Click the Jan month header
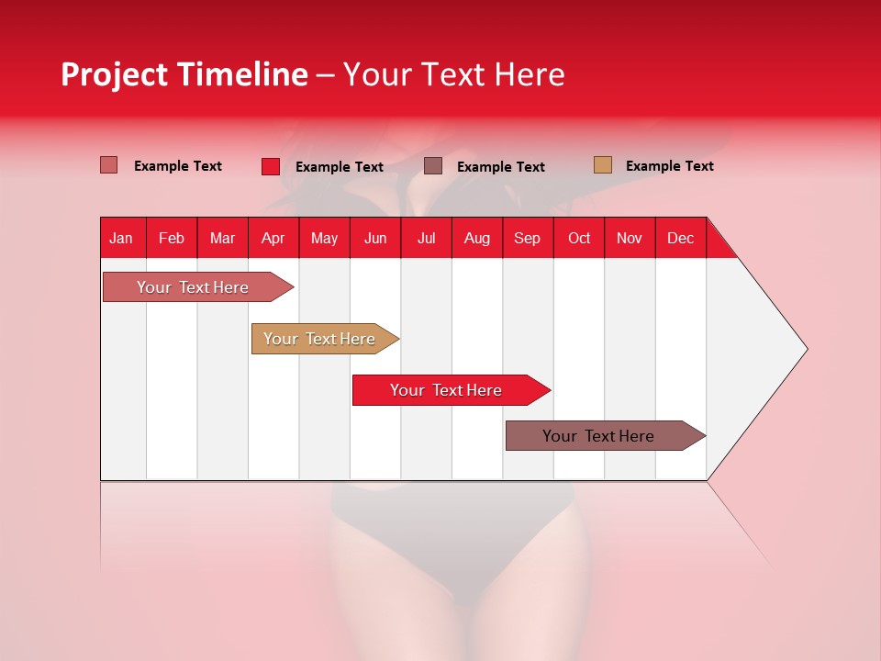(x=121, y=238)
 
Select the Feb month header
(x=172, y=238)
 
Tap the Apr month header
(x=273, y=238)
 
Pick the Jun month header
(x=375, y=238)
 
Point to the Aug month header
(x=476, y=238)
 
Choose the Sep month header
(x=527, y=238)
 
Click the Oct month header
(x=579, y=238)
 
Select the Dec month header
(x=680, y=238)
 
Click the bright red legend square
(x=271, y=166)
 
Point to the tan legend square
(x=603, y=165)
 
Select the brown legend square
(x=433, y=165)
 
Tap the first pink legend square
(x=109, y=165)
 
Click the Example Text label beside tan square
(x=669, y=166)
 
